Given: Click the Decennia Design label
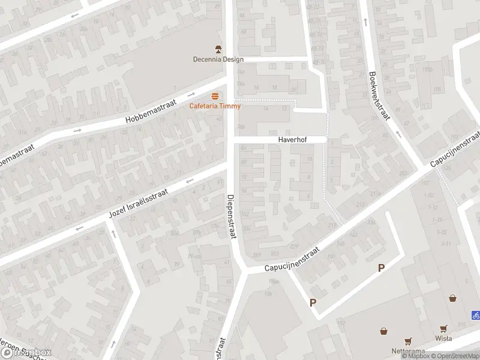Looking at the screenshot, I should [x=218, y=59].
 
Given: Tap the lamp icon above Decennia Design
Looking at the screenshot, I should [x=218, y=49].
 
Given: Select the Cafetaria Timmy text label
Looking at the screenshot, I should [x=215, y=106].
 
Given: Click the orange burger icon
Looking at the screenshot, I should [x=215, y=97].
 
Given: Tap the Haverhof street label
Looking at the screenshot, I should [x=292, y=140].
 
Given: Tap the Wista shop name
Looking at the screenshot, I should [x=444, y=338].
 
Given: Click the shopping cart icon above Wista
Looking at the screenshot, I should [x=444, y=328].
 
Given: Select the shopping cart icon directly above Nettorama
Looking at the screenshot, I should [x=408, y=341].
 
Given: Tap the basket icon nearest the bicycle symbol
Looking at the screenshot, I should [x=452, y=298].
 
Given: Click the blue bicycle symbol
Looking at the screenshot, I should [x=475, y=314].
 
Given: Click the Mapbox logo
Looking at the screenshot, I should [x=26, y=353].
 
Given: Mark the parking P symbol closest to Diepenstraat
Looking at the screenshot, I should [x=313, y=303].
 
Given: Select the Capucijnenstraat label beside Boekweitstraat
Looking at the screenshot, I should [x=455, y=150].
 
